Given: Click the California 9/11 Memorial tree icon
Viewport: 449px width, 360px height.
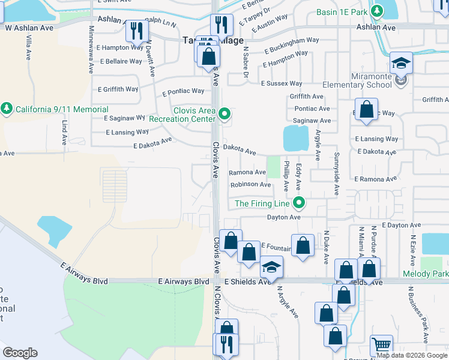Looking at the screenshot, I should click(x=7, y=109).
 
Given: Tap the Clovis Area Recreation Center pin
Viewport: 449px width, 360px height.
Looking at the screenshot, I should click(x=224, y=113).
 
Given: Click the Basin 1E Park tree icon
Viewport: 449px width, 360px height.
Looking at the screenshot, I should click(x=377, y=11).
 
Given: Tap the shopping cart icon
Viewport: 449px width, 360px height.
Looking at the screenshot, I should click(x=381, y=345).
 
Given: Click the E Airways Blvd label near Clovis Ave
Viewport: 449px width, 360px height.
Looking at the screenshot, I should click(x=184, y=281).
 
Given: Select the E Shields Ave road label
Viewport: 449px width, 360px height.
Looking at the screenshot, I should click(x=248, y=281).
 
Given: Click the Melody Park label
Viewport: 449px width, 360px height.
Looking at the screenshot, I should click(x=433, y=274).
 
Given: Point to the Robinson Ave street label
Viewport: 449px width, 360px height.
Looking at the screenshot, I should click(x=251, y=185).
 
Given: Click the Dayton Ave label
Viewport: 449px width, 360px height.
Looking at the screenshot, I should click(x=283, y=217).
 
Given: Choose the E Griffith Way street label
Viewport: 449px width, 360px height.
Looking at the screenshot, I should click(x=118, y=89).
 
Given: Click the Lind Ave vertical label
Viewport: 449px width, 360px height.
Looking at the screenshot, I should click(x=64, y=132).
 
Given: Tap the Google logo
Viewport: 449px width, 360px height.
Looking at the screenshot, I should click(x=20, y=352).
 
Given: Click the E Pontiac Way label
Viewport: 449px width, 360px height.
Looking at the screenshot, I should click(x=183, y=92).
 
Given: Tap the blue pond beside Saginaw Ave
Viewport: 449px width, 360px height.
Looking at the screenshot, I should click(x=294, y=139).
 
